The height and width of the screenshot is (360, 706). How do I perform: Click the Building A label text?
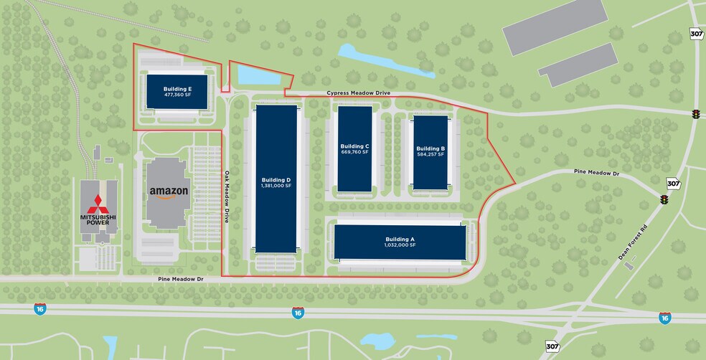tap(400, 238)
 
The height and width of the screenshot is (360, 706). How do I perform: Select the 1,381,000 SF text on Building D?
tap(276, 186)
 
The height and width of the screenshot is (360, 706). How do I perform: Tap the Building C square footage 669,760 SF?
tap(354, 152)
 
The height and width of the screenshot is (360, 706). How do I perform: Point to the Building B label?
tap(430, 148)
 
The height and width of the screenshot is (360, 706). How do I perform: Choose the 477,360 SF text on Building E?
tap(177, 95)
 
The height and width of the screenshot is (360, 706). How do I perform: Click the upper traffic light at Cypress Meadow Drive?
tap(695, 114)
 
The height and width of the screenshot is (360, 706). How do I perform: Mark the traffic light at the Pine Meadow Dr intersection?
tap(664, 201)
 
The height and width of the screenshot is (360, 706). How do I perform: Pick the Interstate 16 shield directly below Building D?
tap(298, 312)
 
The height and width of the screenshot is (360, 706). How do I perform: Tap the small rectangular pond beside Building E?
tap(248, 75)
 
